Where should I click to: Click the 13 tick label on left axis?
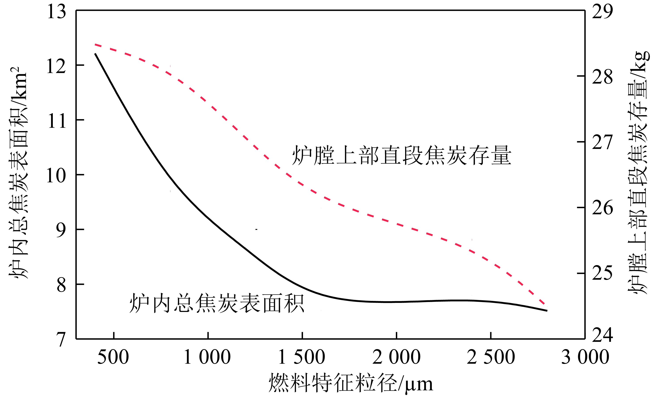click(56, 12)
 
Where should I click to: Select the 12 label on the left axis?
click(56, 66)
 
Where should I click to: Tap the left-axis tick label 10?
click(56, 176)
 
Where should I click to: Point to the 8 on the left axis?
click(61, 285)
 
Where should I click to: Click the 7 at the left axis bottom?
click(61, 340)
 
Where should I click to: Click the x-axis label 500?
click(113, 357)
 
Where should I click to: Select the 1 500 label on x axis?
click(302, 357)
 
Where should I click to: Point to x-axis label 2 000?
click(396, 357)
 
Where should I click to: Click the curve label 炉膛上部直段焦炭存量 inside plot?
click(402, 156)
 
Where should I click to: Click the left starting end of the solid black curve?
click(95, 54)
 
